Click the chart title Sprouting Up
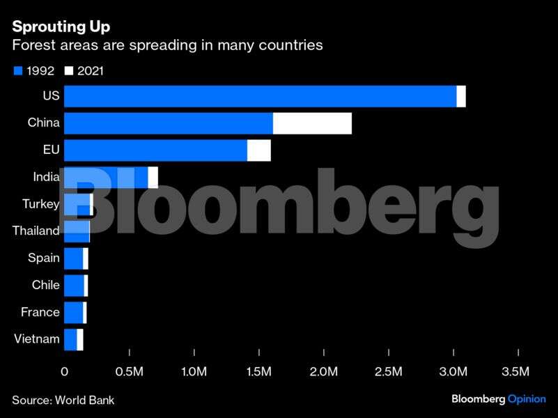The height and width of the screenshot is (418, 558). coord(61,27)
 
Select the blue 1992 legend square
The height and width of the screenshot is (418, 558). coord(17,70)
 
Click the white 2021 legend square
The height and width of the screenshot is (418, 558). coord(69,70)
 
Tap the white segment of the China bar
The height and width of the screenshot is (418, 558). coord(312,123)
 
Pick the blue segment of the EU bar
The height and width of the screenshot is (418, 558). coord(155,150)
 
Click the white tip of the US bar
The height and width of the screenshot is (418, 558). coord(461,96)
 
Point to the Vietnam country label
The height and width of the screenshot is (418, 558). coord(36,339)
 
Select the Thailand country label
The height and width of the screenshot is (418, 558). coord(36,231)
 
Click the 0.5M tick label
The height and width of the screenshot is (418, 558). coord(130,371)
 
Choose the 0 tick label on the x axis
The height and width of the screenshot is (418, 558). coord(65,371)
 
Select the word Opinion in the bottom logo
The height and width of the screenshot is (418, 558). coord(527,399)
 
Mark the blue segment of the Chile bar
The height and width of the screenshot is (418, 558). coord(74,286)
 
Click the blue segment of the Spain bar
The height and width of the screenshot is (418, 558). coord(73,258)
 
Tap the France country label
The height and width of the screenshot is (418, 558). coord(40,312)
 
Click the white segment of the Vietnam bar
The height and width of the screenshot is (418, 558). coord(80,340)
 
